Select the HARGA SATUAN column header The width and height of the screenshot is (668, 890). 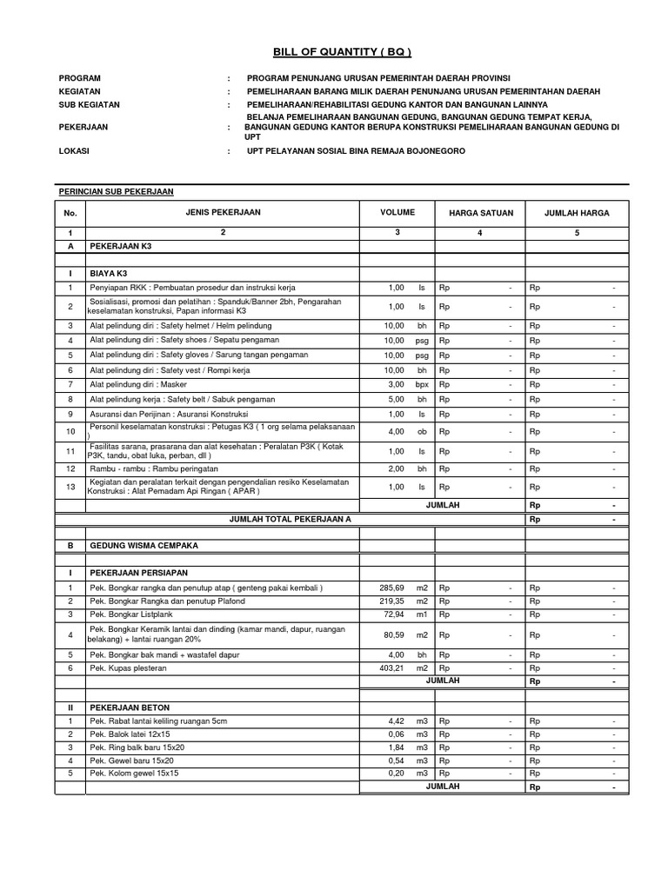[x=481, y=213]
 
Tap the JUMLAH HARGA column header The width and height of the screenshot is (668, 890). [x=576, y=213]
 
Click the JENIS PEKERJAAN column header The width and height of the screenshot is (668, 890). [x=223, y=212]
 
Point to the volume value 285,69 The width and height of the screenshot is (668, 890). [x=391, y=588]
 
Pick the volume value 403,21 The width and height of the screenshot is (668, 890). [x=391, y=667]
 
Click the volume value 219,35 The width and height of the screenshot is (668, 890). [x=391, y=601]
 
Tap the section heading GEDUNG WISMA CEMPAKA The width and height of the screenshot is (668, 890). [x=144, y=545]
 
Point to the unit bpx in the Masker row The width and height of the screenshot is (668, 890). [x=422, y=384]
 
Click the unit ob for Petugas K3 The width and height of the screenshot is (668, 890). [x=422, y=431]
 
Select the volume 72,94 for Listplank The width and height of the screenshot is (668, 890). [x=393, y=614]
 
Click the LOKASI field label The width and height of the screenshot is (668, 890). [x=74, y=150]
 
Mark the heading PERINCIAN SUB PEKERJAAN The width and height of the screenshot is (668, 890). [x=116, y=190]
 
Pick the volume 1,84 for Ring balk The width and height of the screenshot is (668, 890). [x=396, y=747]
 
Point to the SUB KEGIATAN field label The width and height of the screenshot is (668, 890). [x=89, y=104]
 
